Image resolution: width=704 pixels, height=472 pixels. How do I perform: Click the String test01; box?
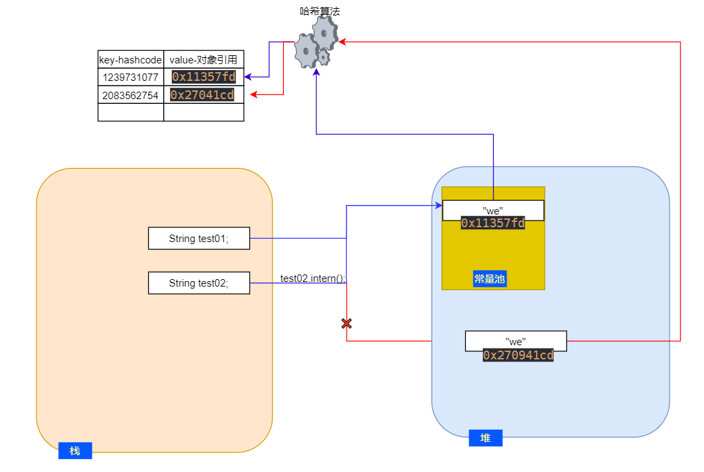pos(199,238)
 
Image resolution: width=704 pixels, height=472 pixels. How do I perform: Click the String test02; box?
pos(199,283)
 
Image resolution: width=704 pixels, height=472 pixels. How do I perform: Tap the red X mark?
pos(347,324)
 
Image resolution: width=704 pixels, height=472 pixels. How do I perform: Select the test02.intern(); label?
pos(313,278)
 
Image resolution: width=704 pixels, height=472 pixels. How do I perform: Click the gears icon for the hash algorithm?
pos(316,43)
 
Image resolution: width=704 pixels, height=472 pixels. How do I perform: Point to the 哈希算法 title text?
pos(316,11)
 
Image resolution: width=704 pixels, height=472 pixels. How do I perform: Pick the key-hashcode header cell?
pos(131,59)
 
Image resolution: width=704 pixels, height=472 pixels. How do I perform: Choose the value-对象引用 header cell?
pos(204,59)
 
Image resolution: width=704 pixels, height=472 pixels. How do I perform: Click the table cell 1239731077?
pos(131,77)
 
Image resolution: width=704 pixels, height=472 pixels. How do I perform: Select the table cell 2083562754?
pos(131,95)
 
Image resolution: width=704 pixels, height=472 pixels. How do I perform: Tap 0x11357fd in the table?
pos(204,77)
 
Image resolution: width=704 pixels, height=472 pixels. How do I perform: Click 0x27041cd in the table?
pos(202,95)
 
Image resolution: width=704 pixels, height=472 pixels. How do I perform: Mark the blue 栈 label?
pos(75,450)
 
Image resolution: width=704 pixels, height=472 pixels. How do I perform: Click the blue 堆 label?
pos(486,438)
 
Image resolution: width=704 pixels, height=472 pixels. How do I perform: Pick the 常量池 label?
pos(490,278)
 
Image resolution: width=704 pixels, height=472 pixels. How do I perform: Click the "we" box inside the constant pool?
pos(493,210)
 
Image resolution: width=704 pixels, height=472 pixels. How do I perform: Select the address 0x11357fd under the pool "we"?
pos(493,223)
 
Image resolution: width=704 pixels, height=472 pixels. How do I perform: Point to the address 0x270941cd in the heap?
pos(518,355)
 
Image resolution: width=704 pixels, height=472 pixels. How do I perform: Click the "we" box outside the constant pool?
pos(516,341)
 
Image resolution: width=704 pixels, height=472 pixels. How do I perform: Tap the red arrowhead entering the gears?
pos(343,42)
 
